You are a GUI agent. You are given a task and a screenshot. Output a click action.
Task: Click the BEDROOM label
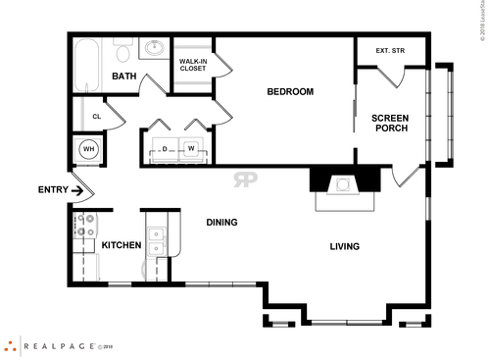pyautogui.click(x=290, y=92)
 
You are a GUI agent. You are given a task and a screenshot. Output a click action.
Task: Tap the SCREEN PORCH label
pyautogui.click(x=390, y=124)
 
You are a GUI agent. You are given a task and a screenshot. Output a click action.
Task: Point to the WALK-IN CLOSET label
pyautogui.click(x=192, y=65)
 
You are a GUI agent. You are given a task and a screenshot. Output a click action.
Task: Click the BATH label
pyautogui.click(x=123, y=77)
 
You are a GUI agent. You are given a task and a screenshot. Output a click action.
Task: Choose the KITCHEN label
pyautogui.click(x=122, y=245)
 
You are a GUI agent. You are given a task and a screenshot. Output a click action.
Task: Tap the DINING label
pyautogui.click(x=221, y=223)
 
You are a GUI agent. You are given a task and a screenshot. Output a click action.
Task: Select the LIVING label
pyautogui.click(x=344, y=246)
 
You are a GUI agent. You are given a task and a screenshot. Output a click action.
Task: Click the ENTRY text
pyautogui.click(x=52, y=189)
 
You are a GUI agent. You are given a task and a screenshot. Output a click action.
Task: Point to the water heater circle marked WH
pyautogui.click(x=87, y=149)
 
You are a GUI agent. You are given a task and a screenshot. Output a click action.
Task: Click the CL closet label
pyautogui.click(x=96, y=117)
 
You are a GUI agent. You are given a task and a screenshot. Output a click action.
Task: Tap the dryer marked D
pyautogui.click(x=165, y=149)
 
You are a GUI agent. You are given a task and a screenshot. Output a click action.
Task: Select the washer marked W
pyautogui.click(x=191, y=149)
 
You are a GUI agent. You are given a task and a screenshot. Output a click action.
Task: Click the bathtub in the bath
pyautogui.click(x=86, y=62)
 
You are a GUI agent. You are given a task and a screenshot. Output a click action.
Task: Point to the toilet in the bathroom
pyautogui.click(x=122, y=51)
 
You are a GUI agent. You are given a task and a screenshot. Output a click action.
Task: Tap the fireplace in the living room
pyautogui.click(x=344, y=184)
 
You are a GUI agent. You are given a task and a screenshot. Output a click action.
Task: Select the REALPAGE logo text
pyautogui.click(x=59, y=345)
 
